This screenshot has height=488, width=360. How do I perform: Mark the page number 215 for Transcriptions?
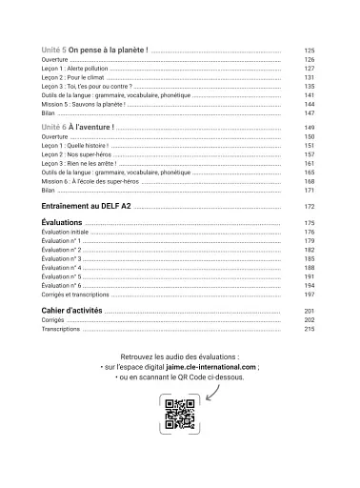(308, 330)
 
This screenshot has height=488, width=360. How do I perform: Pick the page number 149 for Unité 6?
(308, 127)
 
